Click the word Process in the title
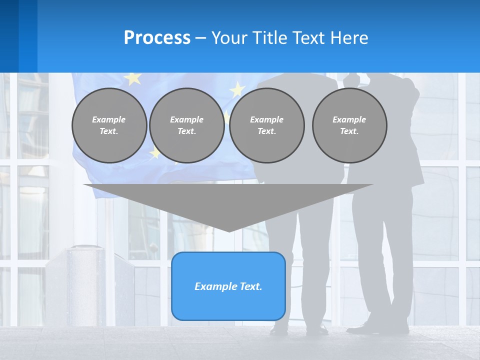point(157,38)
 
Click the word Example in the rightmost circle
point(349,119)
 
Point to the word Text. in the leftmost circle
point(109,131)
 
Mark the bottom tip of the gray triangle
point(229,230)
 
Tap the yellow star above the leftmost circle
point(132,78)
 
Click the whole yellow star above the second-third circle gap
point(237,89)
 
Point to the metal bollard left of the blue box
point(90,285)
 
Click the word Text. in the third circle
point(266,131)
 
